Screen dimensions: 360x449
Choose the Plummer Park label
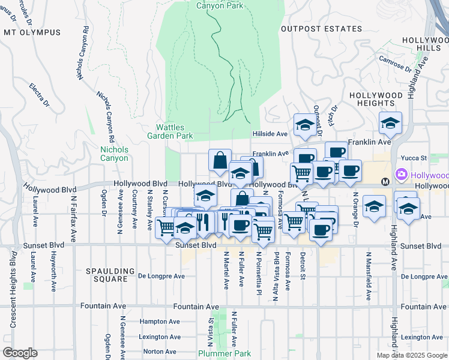pyautogui.click(x=225, y=353)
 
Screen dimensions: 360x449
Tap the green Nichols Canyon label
pyautogui.click(x=114, y=154)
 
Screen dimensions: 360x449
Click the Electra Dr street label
pyautogui.click(x=40, y=95)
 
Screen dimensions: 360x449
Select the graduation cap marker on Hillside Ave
pyautogui.click(x=304, y=126)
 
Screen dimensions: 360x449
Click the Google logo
pyautogui.click(x=20, y=353)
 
